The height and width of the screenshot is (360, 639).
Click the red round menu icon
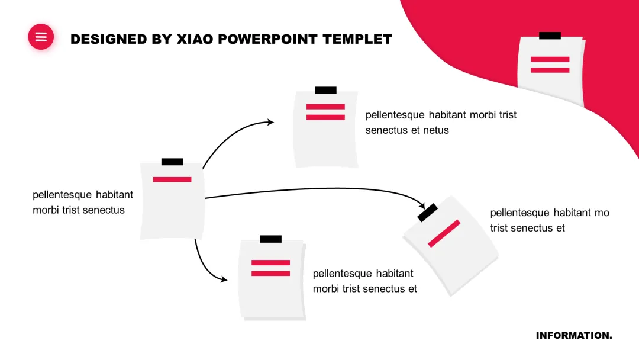(x=41, y=37)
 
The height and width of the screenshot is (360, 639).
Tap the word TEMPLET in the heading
(x=357, y=39)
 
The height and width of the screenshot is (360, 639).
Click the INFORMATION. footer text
(x=574, y=336)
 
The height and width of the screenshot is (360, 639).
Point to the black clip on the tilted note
(x=427, y=213)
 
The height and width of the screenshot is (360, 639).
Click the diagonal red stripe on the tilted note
(x=444, y=233)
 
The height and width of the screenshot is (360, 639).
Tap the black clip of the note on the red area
(x=550, y=36)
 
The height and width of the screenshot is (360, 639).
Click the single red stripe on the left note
(x=172, y=179)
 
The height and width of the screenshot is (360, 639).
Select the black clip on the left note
(x=172, y=162)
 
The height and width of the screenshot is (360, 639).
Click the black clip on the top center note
(x=325, y=90)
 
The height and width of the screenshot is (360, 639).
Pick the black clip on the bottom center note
(x=270, y=239)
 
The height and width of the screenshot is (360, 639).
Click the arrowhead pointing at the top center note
(x=271, y=122)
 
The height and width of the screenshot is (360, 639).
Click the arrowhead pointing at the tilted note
(x=422, y=204)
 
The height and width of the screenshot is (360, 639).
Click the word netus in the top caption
(x=435, y=130)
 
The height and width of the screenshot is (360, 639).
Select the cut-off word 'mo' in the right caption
(x=602, y=213)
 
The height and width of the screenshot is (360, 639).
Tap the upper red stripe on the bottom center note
(x=270, y=262)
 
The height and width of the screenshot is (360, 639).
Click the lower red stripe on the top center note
(x=325, y=117)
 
